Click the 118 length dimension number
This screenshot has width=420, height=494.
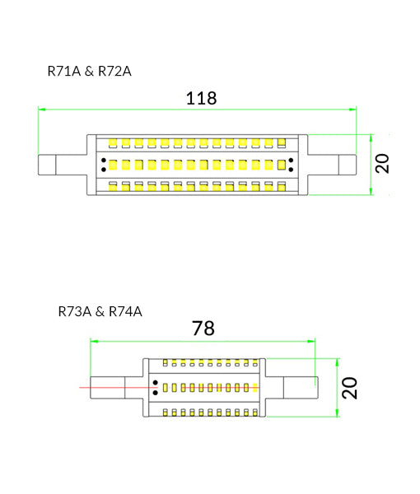pos(200,99)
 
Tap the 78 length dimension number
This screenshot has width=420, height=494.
pos(203,329)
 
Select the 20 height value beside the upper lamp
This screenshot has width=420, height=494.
pos(381,162)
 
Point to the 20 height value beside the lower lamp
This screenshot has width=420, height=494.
pos(350,387)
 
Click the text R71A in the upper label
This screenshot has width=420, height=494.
pos(64,72)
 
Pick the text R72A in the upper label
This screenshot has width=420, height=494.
pos(114,72)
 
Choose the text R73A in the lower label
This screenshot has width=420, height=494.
pos(75,311)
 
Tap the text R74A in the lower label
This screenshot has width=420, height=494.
pos(125,311)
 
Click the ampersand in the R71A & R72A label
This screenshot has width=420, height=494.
pos(88,72)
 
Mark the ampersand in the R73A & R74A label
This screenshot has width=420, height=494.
pos(99,311)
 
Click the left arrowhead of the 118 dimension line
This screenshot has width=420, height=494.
pos(41,110)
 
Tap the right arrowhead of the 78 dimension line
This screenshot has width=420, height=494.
pos(311,339)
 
